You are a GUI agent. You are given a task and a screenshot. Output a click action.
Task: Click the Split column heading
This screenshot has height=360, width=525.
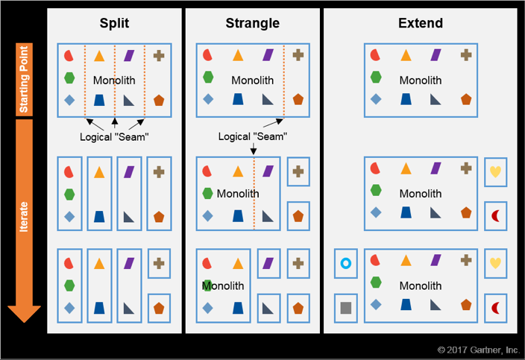point(115,23)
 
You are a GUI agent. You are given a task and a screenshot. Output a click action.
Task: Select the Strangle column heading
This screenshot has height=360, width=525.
point(253,23)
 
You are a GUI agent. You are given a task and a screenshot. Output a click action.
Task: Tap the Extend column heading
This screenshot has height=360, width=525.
point(421,23)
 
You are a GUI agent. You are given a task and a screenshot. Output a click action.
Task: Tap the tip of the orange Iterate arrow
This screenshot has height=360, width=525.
point(25,319)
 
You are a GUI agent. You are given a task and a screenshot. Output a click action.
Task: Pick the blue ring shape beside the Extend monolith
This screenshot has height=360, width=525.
point(345,263)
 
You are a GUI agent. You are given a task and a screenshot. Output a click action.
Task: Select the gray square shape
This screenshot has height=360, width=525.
point(345,307)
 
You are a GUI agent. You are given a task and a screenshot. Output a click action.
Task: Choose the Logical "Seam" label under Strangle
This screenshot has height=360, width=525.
point(253,136)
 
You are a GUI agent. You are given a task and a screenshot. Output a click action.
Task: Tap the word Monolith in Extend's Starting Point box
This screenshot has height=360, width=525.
point(421,80)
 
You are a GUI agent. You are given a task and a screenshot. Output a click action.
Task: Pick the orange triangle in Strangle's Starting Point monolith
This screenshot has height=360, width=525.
point(238,54)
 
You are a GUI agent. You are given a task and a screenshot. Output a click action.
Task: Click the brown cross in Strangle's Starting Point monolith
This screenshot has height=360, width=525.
point(298,54)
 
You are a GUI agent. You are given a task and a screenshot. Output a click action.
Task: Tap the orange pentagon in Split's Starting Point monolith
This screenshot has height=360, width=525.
point(159,100)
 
